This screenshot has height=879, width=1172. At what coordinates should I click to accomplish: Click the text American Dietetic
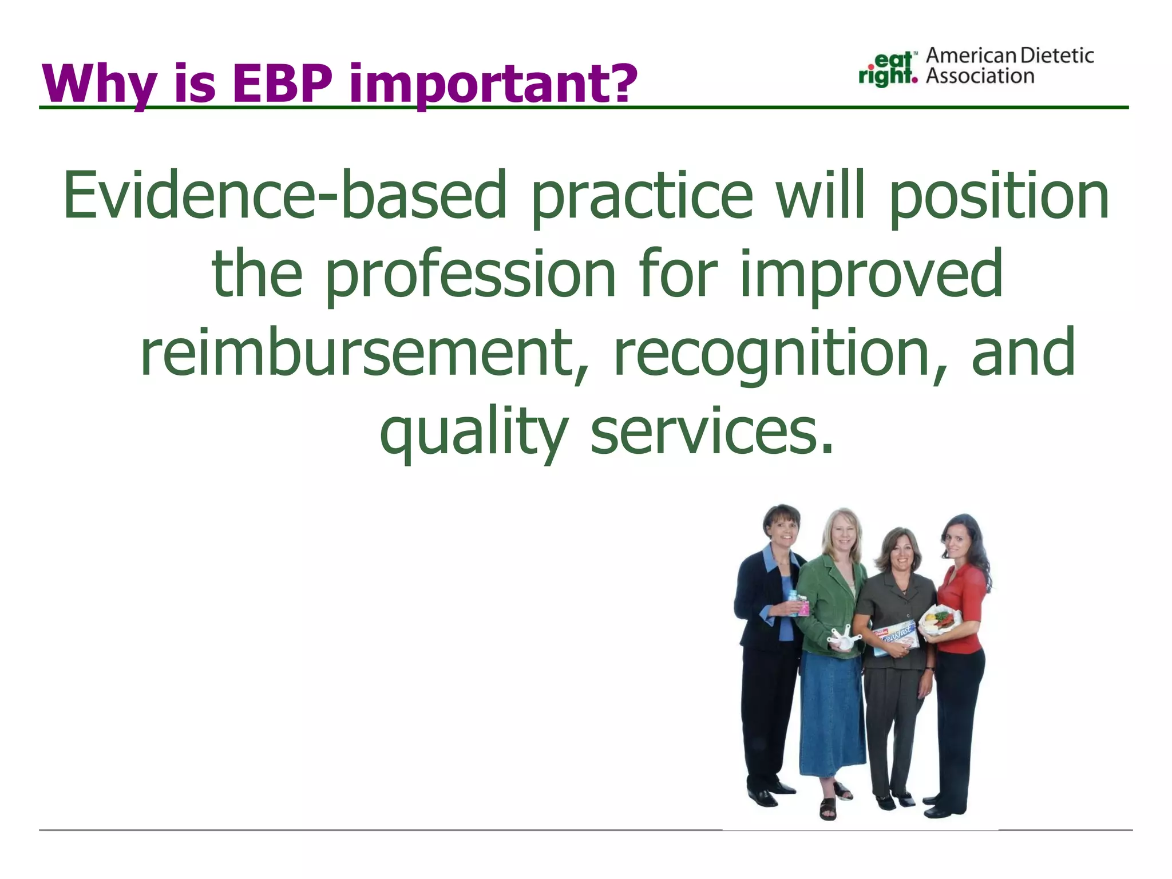click(1009, 56)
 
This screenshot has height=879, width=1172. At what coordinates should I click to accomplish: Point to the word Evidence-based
click(285, 196)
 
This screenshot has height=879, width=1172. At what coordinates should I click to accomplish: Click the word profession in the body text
click(470, 275)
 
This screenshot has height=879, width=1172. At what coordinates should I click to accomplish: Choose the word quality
click(474, 433)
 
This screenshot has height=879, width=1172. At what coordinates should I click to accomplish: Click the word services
click(712, 433)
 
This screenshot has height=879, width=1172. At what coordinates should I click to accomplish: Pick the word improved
click(871, 275)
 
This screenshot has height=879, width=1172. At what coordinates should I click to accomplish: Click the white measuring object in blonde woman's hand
click(844, 639)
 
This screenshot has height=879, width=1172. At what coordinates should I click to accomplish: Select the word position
click(999, 196)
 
